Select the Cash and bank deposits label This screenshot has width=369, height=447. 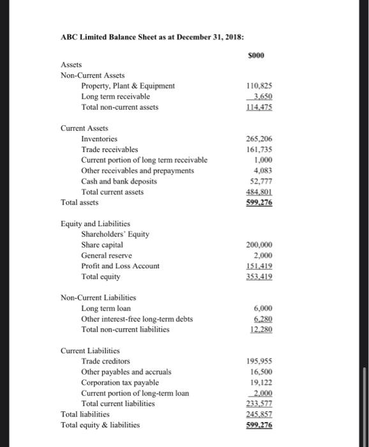click(x=119, y=181)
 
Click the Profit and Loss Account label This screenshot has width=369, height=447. click(x=121, y=266)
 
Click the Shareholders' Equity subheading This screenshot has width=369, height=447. click(x=115, y=234)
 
